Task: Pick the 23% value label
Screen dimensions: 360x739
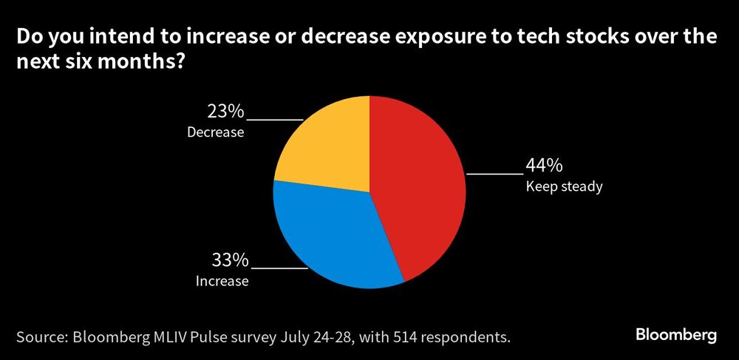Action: pyautogui.click(x=225, y=112)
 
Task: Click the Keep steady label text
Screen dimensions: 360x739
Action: pyautogui.click(x=564, y=186)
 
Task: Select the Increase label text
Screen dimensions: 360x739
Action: pyautogui.click(x=222, y=281)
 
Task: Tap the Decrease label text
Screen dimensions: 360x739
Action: pyautogui.click(x=215, y=133)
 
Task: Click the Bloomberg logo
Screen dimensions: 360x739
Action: pyautogui.click(x=676, y=335)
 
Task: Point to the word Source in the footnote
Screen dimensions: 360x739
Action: pyautogui.click(x=41, y=338)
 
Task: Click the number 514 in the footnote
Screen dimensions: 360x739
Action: pyautogui.click(x=405, y=338)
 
